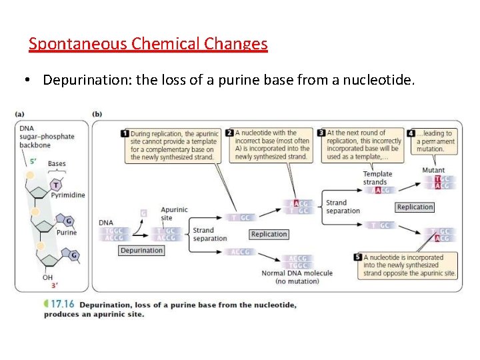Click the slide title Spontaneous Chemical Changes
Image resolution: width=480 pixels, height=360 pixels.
[x=148, y=45]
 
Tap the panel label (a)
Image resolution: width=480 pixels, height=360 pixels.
[x=21, y=115]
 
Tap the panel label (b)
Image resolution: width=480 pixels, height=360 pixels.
[x=97, y=115]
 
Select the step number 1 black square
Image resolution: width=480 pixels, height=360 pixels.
[x=125, y=133]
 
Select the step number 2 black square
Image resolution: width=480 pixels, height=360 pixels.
[x=229, y=133]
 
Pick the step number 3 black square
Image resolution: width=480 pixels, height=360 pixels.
[x=321, y=133]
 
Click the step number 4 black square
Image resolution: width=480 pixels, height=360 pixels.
[x=411, y=133]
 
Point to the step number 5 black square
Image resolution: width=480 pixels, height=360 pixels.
[x=358, y=257]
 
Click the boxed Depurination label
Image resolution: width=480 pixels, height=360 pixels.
[x=141, y=251]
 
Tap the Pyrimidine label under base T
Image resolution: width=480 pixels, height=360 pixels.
[x=69, y=195]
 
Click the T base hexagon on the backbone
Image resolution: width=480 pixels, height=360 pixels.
[x=56, y=185]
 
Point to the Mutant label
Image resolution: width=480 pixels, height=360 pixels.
[x=433, y=171]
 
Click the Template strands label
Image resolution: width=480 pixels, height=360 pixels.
[x=377, y=178]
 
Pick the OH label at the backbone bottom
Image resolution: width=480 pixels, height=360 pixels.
[x=47, y=277]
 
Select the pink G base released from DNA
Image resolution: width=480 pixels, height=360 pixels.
[x=143, y=213]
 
